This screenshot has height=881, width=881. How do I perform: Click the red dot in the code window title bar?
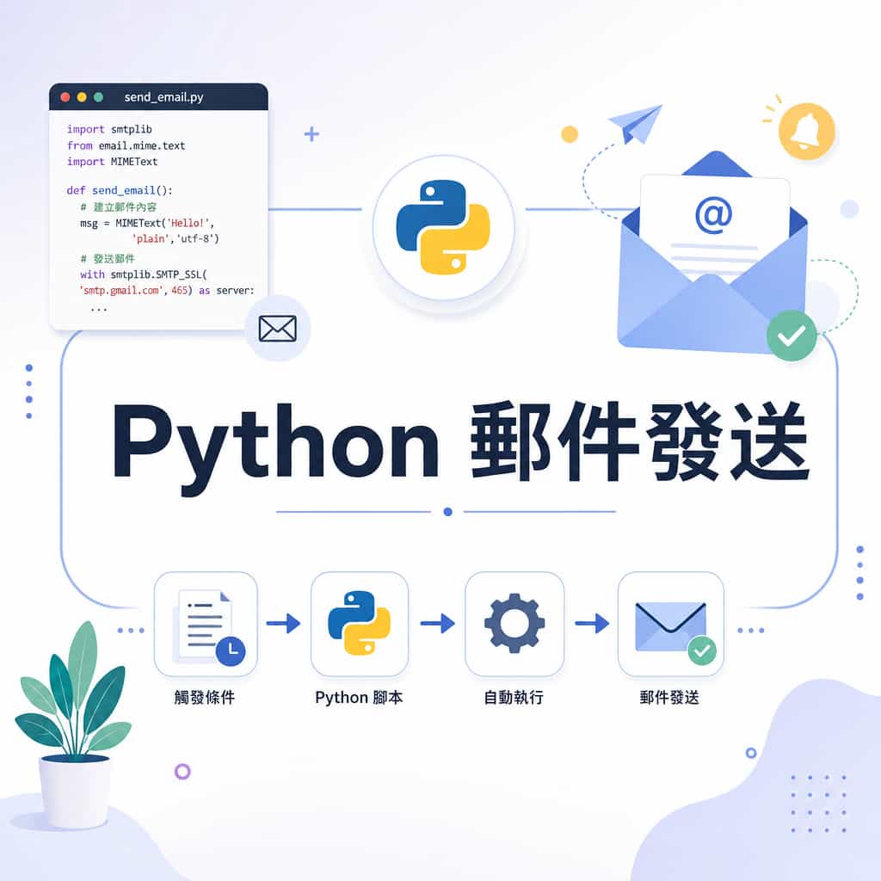pos(65,97)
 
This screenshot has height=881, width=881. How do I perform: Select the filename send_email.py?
pos(163,97)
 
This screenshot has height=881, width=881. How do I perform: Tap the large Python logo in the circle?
pos(443,227)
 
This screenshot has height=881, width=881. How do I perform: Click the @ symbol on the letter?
pos(713,214)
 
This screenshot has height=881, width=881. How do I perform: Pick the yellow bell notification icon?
pos(806,131)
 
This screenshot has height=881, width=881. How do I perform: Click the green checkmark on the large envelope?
pos(792,336)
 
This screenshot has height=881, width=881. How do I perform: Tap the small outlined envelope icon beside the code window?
pos(278,329)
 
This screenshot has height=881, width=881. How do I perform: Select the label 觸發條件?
pos(205,697)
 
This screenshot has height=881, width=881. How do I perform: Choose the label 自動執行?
pos(514,697)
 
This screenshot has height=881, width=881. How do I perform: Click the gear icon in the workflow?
pos(514,623)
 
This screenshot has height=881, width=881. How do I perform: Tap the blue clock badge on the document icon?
pos(231,651)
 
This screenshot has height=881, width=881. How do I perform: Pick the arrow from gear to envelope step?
pos(592,623)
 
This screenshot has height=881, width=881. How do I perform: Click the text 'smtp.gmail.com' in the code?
pos(120,291)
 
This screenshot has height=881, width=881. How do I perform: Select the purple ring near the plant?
pos(182,772)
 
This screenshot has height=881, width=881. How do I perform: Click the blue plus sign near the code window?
pos(311,134)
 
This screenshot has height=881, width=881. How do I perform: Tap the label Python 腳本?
pos(359,698)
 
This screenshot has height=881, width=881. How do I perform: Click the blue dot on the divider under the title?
pos(447,512)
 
